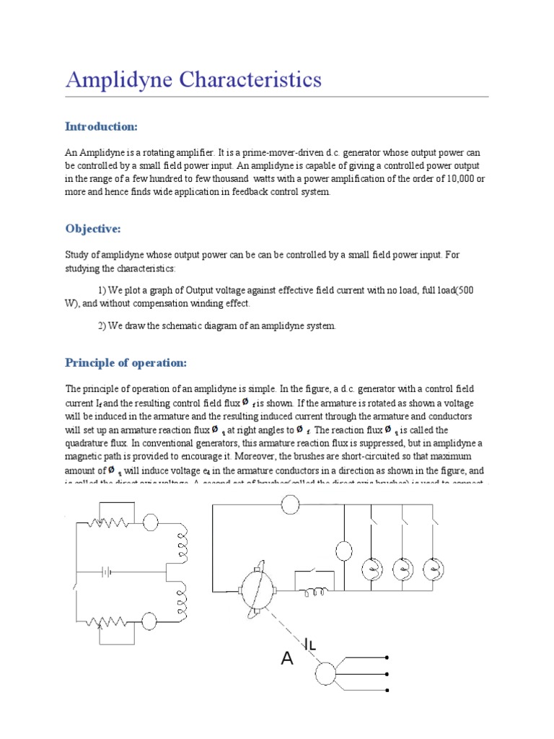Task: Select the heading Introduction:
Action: [101, 127]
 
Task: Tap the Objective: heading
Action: [93, 229]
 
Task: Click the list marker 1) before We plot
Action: [102, 290]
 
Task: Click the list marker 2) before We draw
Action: [102, 325]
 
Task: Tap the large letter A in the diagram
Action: [287, 658]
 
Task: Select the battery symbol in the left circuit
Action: [106, 572]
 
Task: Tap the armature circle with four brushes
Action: [255, 587]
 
